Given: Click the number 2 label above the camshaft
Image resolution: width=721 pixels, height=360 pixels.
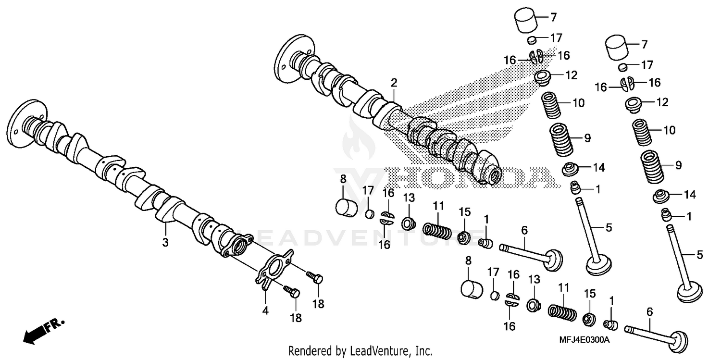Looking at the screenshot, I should tap(394, 83).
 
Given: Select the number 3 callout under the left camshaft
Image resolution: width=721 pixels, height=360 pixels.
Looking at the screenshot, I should tap(165, 243).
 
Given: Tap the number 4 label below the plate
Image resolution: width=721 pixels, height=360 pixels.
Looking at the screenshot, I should tap(265, 311).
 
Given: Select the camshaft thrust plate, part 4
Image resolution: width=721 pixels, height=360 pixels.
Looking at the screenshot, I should tap(274, 270).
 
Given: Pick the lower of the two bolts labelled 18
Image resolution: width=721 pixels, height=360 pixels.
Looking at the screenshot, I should tap(291, 291).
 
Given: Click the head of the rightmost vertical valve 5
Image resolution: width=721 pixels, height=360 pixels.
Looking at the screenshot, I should tap(689, 291).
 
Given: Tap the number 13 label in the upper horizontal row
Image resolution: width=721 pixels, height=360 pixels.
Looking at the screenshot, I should tap(408, 198).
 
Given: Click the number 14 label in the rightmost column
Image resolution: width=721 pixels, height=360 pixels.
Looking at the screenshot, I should tap(689, 195).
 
